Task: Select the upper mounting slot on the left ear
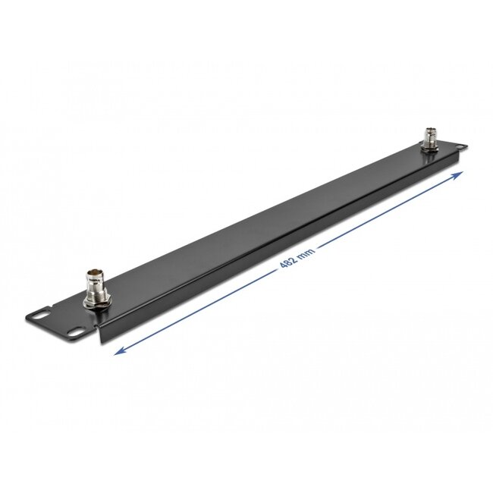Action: [x=39, y=312]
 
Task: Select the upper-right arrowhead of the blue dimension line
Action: [x=460, y=174]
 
